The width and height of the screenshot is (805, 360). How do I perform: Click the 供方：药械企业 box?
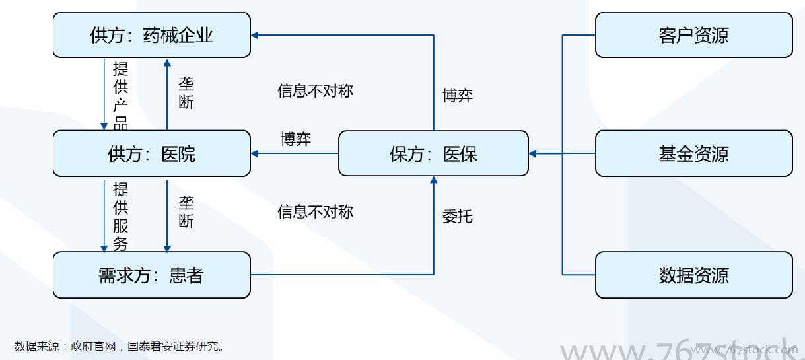pos(151,35)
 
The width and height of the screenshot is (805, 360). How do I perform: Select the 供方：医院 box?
pos(151,154)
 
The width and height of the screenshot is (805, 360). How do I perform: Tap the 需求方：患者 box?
pos(151,275)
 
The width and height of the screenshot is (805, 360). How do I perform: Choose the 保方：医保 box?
pos(433,154)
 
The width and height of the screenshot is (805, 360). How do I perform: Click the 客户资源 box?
pos(693,35)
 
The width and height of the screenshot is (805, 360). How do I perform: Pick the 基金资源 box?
pos(693,154)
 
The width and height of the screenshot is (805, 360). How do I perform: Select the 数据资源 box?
pos(693,275)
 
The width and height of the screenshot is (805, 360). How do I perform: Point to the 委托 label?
pos(457,216)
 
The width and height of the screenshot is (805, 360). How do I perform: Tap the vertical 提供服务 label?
pos(120,217)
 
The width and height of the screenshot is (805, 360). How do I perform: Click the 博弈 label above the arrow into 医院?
pos(296,139)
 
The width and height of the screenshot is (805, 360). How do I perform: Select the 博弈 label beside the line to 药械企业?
pos(457,96)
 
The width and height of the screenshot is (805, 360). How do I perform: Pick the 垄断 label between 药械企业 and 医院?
pos(186,93)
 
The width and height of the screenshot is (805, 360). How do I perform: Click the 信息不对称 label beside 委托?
pos(316,211)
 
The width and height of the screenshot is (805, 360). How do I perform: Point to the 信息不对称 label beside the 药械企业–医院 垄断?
pos(316,90)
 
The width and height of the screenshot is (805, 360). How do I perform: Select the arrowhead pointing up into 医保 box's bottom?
pos(434,180)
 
